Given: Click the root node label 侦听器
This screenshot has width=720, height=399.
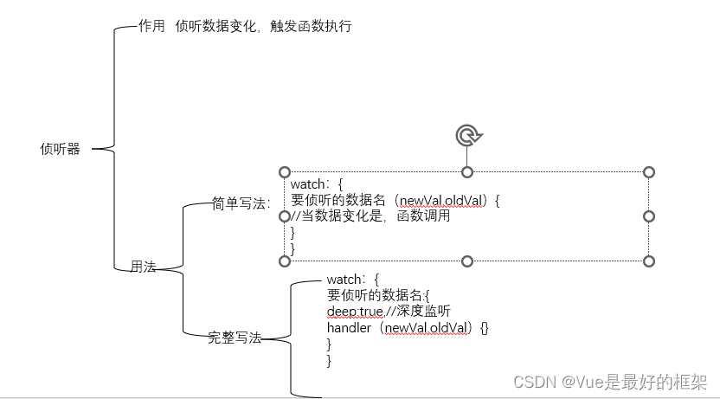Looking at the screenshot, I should click(60, 149).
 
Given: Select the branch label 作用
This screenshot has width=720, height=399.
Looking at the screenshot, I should click(151, 27).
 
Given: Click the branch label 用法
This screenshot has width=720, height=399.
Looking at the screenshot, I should click(143, 267).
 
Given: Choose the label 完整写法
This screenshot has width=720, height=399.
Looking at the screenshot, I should click(235, 338).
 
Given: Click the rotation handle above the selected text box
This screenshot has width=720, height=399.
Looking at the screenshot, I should click(467, 134).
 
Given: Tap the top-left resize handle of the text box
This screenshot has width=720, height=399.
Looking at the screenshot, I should click(285, 172).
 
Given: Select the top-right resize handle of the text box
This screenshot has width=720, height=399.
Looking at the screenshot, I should click(649, 172).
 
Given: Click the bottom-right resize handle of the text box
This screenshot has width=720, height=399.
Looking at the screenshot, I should click(649, 261).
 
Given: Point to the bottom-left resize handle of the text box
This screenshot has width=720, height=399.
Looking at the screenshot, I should click(285, 261).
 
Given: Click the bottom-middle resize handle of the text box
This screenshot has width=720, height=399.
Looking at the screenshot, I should click(467, 261).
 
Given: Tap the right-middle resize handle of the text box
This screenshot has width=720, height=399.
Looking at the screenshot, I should click(649, 216).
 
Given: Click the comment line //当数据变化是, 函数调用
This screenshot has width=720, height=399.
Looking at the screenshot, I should click(370, 216).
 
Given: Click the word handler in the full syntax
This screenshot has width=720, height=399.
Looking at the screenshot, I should click(349, 328).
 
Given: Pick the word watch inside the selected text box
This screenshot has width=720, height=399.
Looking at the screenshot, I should click(308, 184).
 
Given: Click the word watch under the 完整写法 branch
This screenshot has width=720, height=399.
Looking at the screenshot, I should click(344, 280).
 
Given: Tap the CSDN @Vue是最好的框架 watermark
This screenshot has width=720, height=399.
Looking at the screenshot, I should click(610, 382).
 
